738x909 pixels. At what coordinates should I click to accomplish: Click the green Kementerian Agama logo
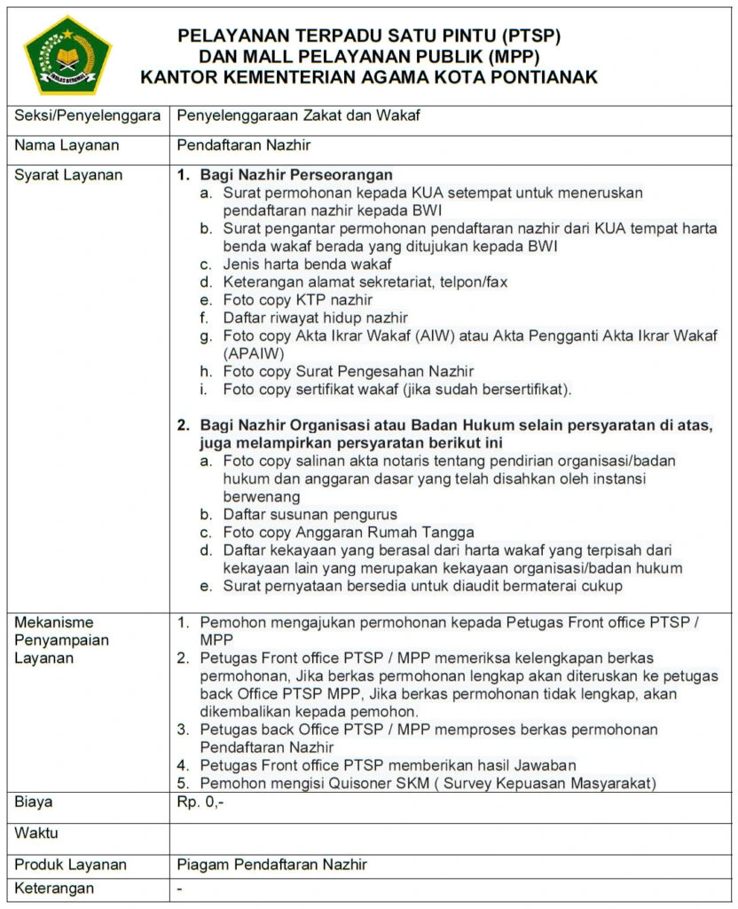point(67,55)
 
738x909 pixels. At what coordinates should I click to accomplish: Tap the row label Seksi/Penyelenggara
point(87,115)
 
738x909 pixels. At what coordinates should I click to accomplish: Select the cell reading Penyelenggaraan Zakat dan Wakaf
point(297,115)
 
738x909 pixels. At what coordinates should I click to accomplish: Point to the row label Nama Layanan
point(67,145)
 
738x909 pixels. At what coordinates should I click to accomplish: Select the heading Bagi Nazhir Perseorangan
point(296,175)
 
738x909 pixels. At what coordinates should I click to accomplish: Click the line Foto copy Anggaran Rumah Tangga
point(348,533)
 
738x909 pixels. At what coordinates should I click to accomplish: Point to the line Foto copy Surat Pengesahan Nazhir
point(348,371)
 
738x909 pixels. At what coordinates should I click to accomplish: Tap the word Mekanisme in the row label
point(54,622)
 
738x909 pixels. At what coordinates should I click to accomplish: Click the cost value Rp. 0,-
point(200,802)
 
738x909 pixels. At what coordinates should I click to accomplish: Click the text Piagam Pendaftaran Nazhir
point(271,865)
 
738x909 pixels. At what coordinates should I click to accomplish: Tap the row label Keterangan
point(54,889)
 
